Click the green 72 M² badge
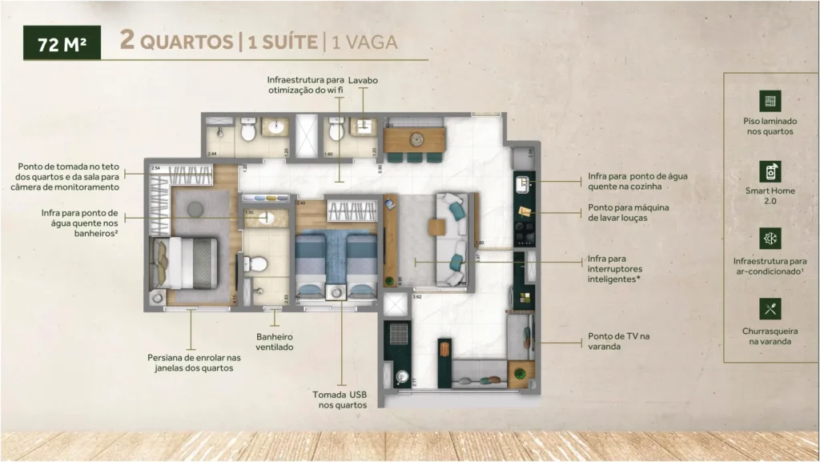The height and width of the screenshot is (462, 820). click(x=61, y=43)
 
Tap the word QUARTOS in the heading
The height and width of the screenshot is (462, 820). click(x=186, y=42)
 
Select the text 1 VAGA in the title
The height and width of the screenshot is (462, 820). click(x=364, y=42)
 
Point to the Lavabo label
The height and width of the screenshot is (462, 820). click(x=363, y=81)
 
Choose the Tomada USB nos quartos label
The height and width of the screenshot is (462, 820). click(x=341, y=400)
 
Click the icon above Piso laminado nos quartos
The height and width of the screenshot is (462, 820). click(x=770, y=101)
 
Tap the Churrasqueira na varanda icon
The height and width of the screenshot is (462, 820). click(x=770, y=309)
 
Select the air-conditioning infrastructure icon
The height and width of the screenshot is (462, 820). click(x=770, y=239)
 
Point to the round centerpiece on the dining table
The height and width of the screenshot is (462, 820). click(x=416, y=139)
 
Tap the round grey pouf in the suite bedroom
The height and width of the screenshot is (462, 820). click(x=195, y=209)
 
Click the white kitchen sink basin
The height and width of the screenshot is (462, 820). click(x=525, y=184)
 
